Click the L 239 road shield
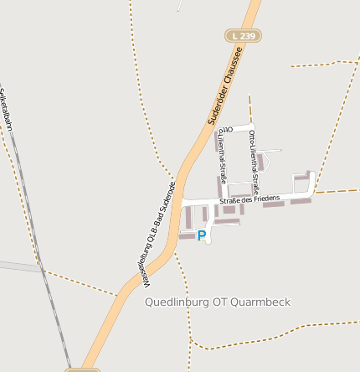click(x=243, y=36)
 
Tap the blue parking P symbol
click(x=201, y=236)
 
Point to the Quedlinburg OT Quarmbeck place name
click(x=218, y=302)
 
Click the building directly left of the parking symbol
click(x=186, y=236)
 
